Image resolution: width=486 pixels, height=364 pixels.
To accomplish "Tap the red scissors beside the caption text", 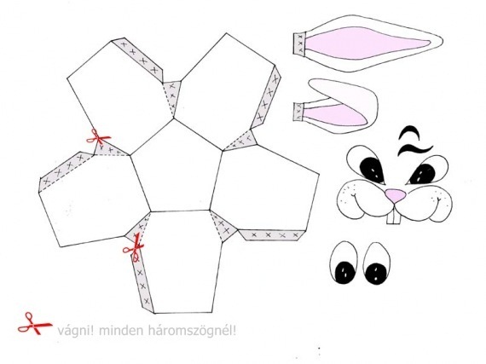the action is (35, 324).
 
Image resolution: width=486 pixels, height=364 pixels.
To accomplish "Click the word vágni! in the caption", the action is (75, 331).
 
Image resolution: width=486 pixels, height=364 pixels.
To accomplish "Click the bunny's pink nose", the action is (396, 196).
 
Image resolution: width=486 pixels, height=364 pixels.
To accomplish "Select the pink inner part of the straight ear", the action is (366, 43).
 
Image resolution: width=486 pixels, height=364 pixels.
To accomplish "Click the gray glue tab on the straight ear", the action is (300, 43).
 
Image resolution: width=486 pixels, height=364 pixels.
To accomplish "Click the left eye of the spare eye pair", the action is (344, 263).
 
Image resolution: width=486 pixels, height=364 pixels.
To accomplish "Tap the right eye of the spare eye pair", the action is (377, 263).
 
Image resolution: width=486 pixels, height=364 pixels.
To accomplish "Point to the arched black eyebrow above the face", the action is (409, 132).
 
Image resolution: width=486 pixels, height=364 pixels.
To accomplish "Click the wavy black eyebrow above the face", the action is (414, 148).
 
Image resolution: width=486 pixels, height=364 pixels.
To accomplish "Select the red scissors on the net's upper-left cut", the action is (98, 137).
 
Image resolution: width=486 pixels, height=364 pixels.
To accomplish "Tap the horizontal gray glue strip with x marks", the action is (273, 235).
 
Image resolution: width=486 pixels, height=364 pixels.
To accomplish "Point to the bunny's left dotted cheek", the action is (350, 201).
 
